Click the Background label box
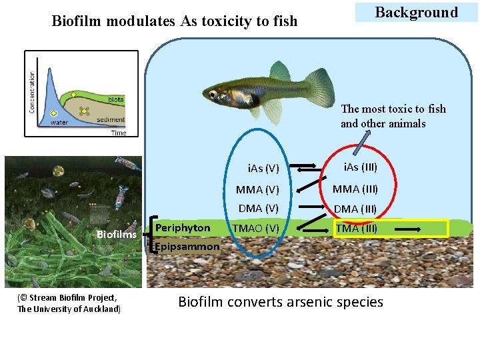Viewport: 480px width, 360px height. (x=416, y=13)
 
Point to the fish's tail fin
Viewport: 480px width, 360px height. (x=319, y=86)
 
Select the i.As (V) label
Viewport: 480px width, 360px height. (x=263, y=168)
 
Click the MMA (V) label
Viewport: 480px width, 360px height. (x=257, y=190)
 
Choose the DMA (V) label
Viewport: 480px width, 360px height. (x=259, y=209)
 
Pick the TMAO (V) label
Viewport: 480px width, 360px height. (x=255, y=228)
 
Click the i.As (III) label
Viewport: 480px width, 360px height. (x=360, y=167)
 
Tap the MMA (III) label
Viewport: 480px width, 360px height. (x=355, y=189)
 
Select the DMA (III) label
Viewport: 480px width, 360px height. (x=355, y=209)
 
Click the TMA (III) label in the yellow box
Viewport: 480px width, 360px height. (x=356, y=228)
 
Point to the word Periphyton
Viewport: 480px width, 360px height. (x=183, y=228)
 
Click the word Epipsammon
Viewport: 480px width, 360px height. (x=187, y=247)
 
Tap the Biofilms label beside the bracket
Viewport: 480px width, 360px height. (x=116, y=234)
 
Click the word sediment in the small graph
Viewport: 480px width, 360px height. (x=111, y=120)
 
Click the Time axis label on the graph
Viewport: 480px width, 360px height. (x=118, y=133)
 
